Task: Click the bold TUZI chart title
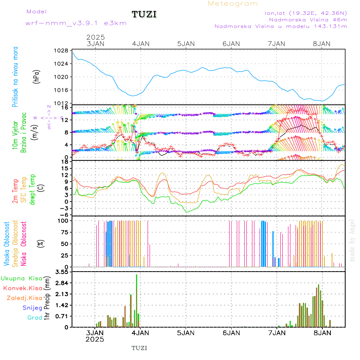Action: click(144, 14)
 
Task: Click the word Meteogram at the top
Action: click(233, 4)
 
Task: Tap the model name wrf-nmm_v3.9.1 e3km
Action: click(76, 23)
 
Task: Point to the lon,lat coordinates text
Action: click(306, 13)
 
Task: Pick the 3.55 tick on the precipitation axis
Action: click(62, 272)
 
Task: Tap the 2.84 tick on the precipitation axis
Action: click(62, 283)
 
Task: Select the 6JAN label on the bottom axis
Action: click(231, 332)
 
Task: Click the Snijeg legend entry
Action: click(32, 308)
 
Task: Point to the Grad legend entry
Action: click(34, 318)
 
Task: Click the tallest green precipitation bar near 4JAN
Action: click(136, 300)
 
